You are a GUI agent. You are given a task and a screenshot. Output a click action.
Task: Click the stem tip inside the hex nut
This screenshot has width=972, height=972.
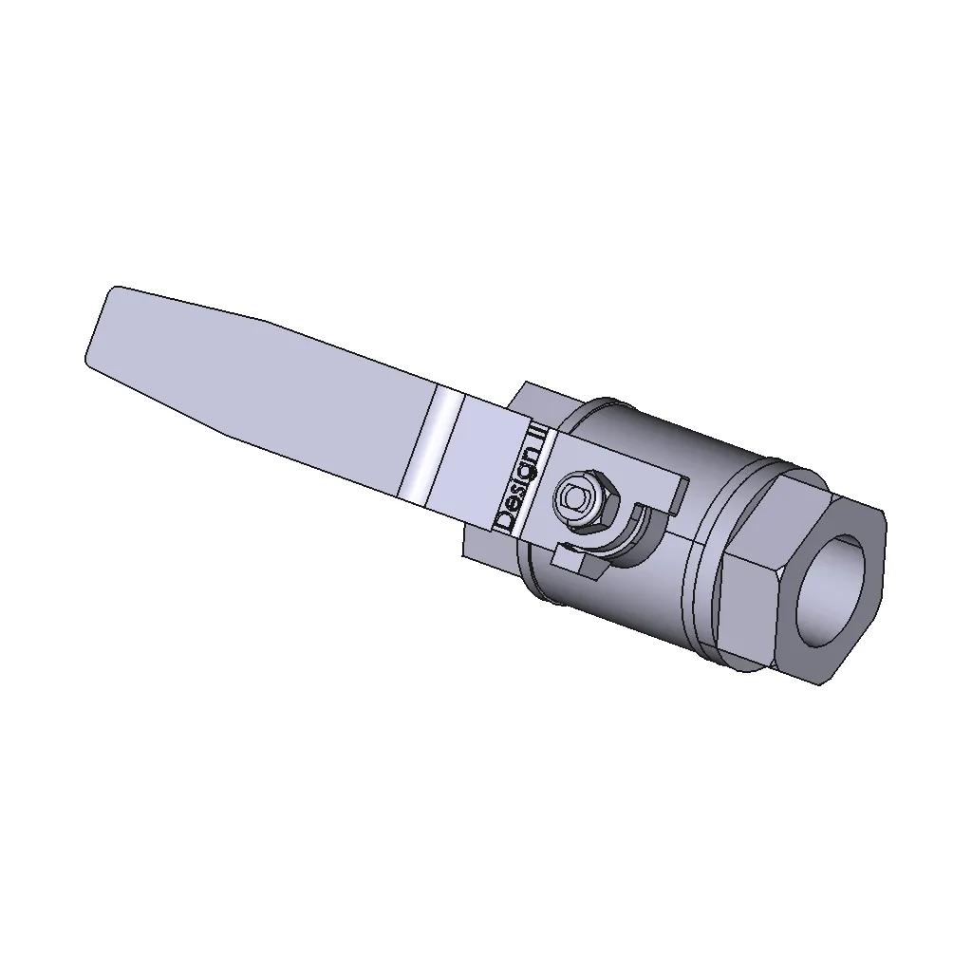point(576,496)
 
